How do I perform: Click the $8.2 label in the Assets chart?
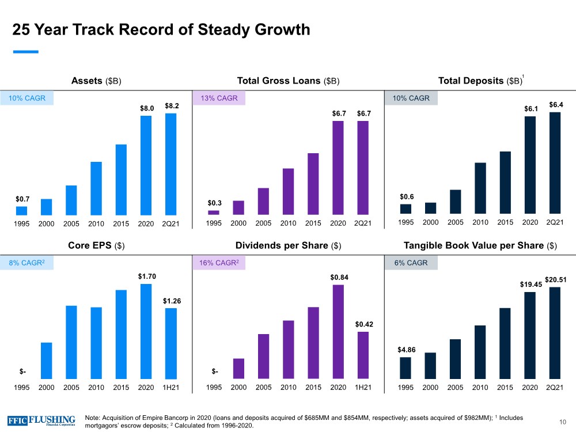pos(172,106)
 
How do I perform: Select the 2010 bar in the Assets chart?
pos(96,188)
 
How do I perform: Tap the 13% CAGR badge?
pos(219,98)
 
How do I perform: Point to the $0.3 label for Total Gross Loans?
pos(214,203)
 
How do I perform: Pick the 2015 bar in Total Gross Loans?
pos(313,184)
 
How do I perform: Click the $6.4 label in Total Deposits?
pos(556,105)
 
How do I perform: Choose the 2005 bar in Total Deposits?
pos(456,202)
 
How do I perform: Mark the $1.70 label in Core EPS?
pos(146,277)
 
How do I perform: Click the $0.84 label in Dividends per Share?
pos(339,278)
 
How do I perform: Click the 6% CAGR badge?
pos(411,263)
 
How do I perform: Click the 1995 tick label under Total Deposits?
pos(406,223)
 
